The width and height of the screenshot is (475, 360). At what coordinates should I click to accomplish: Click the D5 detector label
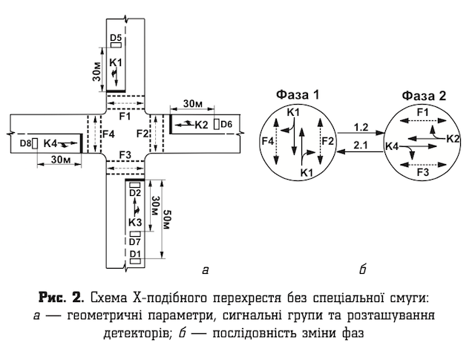click(x=116, y=37)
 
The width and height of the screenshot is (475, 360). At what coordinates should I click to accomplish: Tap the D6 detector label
click(x=226, y=123)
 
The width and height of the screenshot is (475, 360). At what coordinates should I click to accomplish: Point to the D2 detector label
click(x=134, y=193)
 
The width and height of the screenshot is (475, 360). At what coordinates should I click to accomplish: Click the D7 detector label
click(x=134, y=242)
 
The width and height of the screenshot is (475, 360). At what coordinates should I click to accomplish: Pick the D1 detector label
click(x=134, y=255)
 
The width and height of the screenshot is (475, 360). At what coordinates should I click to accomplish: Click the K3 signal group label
click(x=134, y=222)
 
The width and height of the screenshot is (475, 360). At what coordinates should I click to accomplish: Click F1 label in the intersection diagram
click(x=124, y=117)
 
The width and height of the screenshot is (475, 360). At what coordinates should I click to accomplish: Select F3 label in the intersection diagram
click(x=124, y=154)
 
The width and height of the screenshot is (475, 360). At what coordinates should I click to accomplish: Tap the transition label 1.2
click(x=361, y=126)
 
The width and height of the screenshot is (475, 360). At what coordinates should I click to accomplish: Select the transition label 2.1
click(x=361, y=143)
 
